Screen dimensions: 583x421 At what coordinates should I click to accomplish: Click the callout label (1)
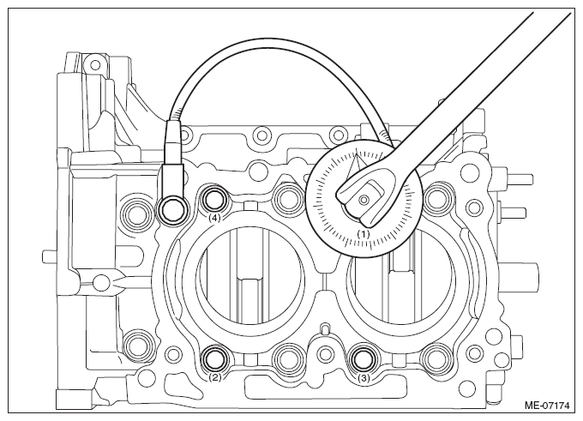(364, 234)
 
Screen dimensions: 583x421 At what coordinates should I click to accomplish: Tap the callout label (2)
(214, 378)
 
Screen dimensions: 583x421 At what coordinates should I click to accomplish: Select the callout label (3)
(364, 379)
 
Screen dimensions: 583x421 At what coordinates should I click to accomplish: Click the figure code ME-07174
(547, 406)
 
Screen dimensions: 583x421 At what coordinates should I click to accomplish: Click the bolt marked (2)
(215, 359)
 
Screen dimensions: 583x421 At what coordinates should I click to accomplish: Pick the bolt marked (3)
(364, 359)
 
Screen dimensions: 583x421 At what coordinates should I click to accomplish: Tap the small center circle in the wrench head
(363, 200)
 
